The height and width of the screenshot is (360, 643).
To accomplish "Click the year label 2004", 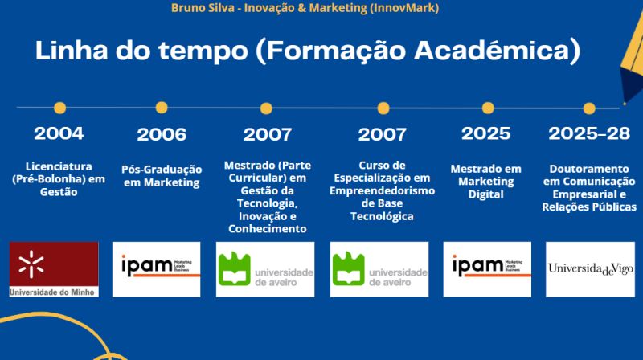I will point(59,133).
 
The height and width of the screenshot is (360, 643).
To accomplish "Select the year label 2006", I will point(162,134).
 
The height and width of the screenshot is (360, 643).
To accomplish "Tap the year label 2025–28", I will point(589,133).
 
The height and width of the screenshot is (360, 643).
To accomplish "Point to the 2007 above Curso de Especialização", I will point(382,134).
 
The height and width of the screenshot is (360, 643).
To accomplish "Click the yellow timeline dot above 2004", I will point(59,107).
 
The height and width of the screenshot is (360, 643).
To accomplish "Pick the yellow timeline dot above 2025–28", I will point(589,108).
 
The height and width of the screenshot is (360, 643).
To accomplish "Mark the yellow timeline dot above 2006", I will point(162,107).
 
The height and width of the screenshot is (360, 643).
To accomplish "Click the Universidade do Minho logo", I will point(53,269).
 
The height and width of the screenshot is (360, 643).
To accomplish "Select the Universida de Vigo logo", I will point(589,268).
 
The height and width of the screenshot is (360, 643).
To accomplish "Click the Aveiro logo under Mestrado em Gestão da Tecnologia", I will point(265,268).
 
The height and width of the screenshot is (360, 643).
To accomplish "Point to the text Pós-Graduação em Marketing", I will point(161,176).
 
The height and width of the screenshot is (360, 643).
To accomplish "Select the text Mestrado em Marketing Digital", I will point(486,182).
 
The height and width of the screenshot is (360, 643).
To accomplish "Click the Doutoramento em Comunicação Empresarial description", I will point(589,187).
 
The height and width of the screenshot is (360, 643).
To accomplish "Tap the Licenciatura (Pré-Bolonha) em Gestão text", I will point(59,179).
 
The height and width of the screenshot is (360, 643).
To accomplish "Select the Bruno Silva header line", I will point(305,8).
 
